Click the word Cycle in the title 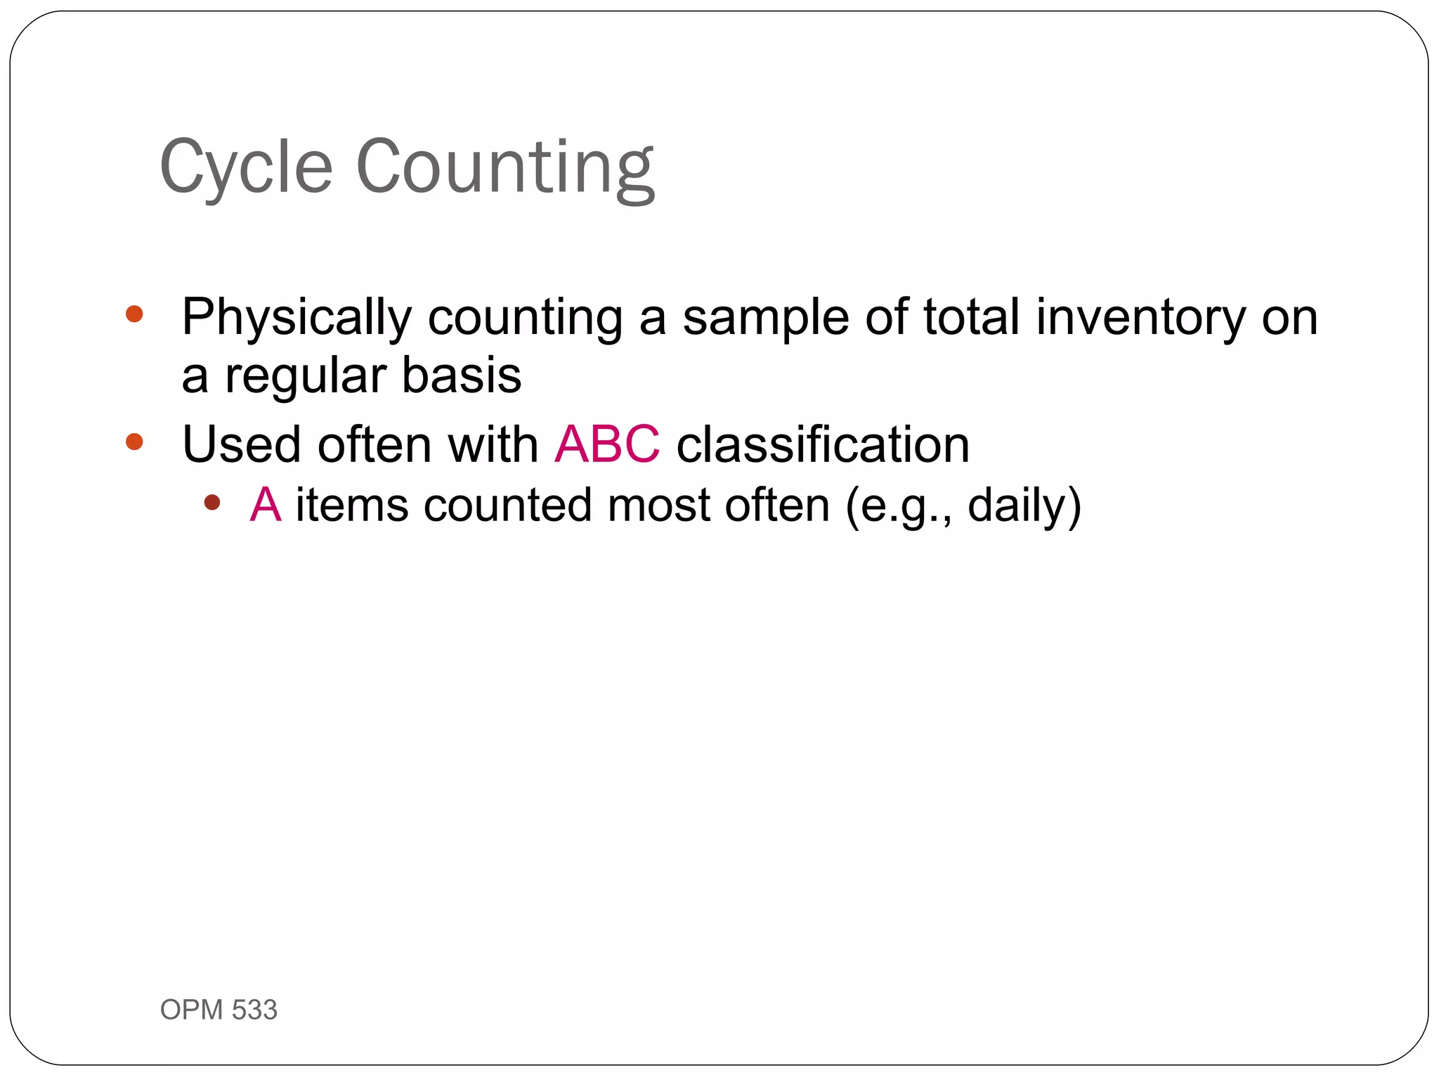pos(246,167)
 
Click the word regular pos(305,375)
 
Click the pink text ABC pos(607,444)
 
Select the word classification pos(823,444)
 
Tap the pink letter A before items pos(266,505)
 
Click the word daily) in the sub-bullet pos(1024,505)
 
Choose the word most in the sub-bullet pos(658,505)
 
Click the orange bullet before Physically pos(134,314)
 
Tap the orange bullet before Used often pos(134,442)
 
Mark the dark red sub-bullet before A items pos(211,502)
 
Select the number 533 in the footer pos(254,1010)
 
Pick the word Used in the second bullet pos(242,444)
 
